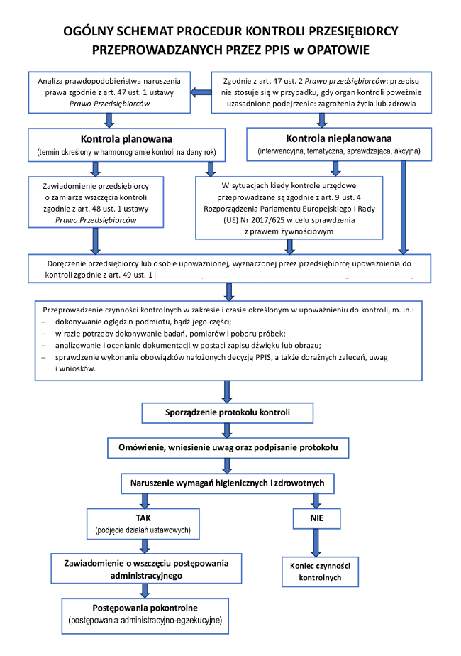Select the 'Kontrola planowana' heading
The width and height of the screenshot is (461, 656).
tap(127, 138)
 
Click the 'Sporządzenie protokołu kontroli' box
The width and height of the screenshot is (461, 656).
tap(228, 412)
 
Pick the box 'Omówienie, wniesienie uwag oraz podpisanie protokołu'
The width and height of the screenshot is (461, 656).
tap(228, 448)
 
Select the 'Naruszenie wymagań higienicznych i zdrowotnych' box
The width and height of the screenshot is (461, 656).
tap(228, 483)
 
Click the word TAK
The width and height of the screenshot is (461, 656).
tap(144, 518)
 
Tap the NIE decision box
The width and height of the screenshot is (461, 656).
tap(316, 519)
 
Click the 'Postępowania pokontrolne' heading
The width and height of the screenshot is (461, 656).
tap(145, 608)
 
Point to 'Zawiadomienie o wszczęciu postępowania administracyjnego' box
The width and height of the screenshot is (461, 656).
tap(144, 569)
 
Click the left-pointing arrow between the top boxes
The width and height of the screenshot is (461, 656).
tap(201, 91)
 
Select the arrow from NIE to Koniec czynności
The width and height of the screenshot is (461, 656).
tap(316, 545)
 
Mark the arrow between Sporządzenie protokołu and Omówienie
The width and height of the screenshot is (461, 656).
tap(228, 430)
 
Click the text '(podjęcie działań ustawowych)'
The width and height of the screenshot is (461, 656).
tap(144, 531)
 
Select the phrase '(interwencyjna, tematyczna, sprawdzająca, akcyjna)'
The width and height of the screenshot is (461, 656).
tap(339, 152)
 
